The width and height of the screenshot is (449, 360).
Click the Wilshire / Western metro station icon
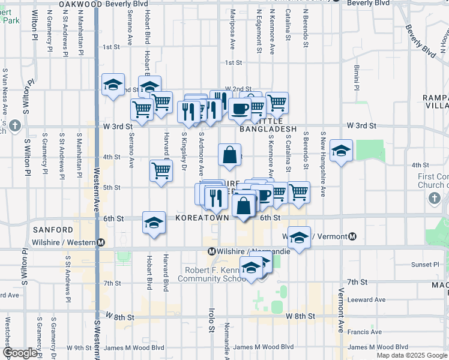(101, 242)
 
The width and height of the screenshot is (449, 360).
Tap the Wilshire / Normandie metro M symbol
(211, 251)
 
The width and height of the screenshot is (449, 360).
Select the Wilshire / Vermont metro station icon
(352, 236)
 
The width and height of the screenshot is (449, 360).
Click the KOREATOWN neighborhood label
(202, 218)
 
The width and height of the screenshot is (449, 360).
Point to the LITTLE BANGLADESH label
(268, 129)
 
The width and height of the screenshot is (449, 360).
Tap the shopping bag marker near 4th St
(230, 155)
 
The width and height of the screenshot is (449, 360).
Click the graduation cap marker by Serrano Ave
(112, 85)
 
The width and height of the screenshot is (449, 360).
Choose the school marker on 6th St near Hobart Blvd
(154, 223)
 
